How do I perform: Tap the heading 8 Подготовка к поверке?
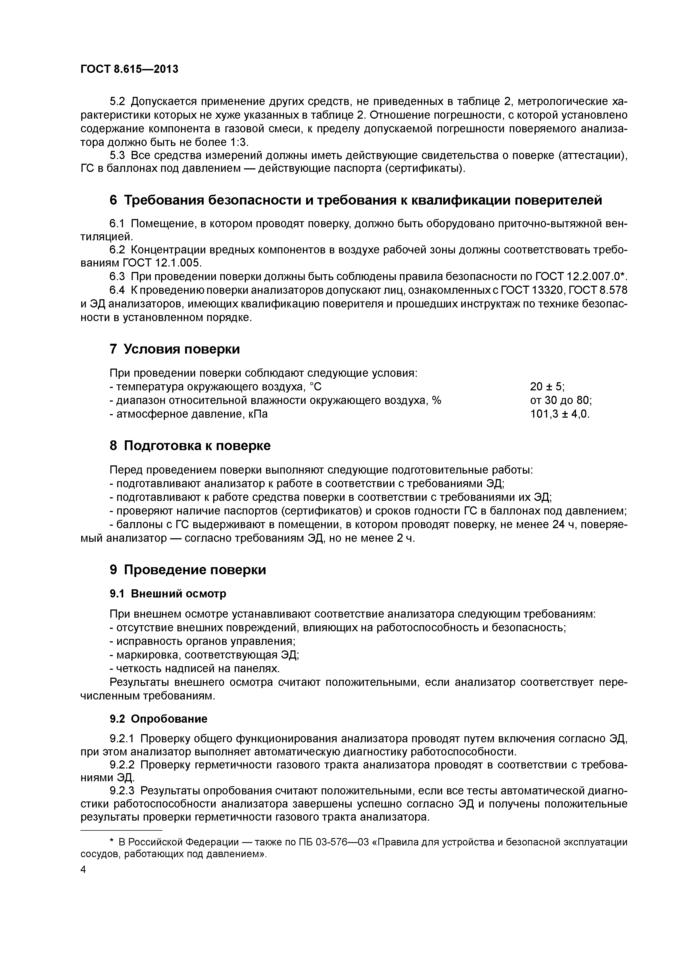190,445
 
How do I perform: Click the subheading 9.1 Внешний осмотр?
168,594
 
